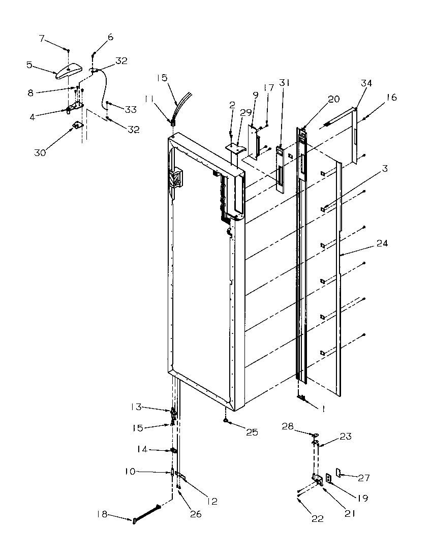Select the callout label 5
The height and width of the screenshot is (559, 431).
30,65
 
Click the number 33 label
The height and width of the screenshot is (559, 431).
131,109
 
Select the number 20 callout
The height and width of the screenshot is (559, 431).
334,100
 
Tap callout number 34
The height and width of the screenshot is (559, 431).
366,83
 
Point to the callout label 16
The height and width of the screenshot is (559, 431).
391,97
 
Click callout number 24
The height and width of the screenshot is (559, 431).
382,243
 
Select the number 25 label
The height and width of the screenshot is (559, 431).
252,432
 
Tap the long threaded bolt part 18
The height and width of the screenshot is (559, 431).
147,513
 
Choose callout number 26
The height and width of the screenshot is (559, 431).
196,514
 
